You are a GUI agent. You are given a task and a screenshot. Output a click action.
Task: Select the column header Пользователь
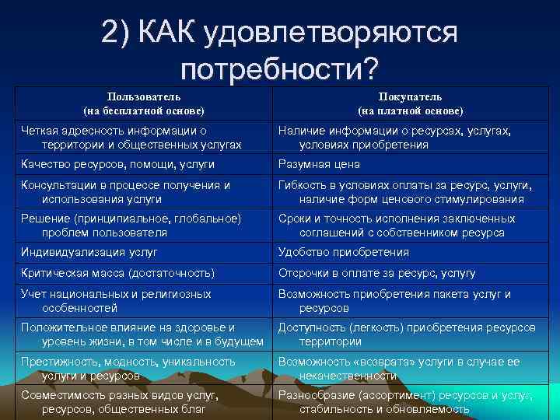(x=145, y=97)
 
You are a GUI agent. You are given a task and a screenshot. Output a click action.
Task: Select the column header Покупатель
(x=410, y=97)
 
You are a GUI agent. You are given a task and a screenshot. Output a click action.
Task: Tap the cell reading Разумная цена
(x=320, y=165)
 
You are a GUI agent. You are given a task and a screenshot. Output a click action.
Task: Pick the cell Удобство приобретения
(x=344, y=252)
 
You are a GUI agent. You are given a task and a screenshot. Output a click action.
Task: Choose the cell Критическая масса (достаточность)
(x=117, y=273)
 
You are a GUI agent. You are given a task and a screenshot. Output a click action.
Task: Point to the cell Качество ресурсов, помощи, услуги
(x=117, y=165)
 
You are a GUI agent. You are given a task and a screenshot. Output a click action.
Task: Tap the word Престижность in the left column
(x=58, y=362)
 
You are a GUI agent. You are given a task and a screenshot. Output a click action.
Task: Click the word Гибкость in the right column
(x=303, y=185)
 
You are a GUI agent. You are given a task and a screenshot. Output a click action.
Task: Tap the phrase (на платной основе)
(x=410, y=111)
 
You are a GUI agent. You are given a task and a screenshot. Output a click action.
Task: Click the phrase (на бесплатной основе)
(x=145, y=111)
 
